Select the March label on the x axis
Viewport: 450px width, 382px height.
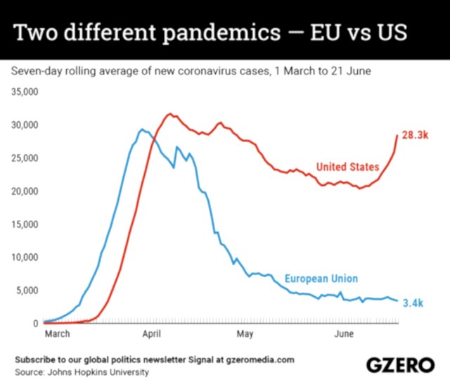pos(57,333)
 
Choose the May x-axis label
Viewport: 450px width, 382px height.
pos(244,333)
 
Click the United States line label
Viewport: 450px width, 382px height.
pos(347,167)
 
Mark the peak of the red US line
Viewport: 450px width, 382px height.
pos(169,113)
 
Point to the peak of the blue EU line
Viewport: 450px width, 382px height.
pos(141,129)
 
